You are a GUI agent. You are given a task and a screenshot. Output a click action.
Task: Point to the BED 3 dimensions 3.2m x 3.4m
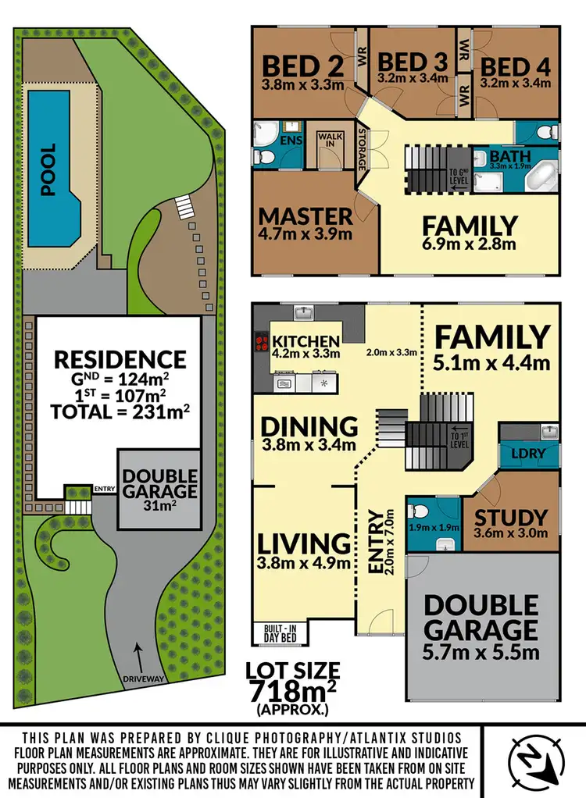[x=412, y=78]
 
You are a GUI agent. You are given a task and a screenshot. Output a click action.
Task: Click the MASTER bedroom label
[x=306, y=216]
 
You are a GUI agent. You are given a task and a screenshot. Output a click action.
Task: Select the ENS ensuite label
[x=291, y=141]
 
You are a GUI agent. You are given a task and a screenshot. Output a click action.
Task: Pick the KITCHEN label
[x=306, y=342]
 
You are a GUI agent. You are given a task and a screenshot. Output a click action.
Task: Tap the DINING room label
[x=309, y=426]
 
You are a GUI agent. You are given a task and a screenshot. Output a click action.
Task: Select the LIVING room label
[x=305, y=543]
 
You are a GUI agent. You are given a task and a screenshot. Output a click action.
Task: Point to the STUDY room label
[x=512, y=518]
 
